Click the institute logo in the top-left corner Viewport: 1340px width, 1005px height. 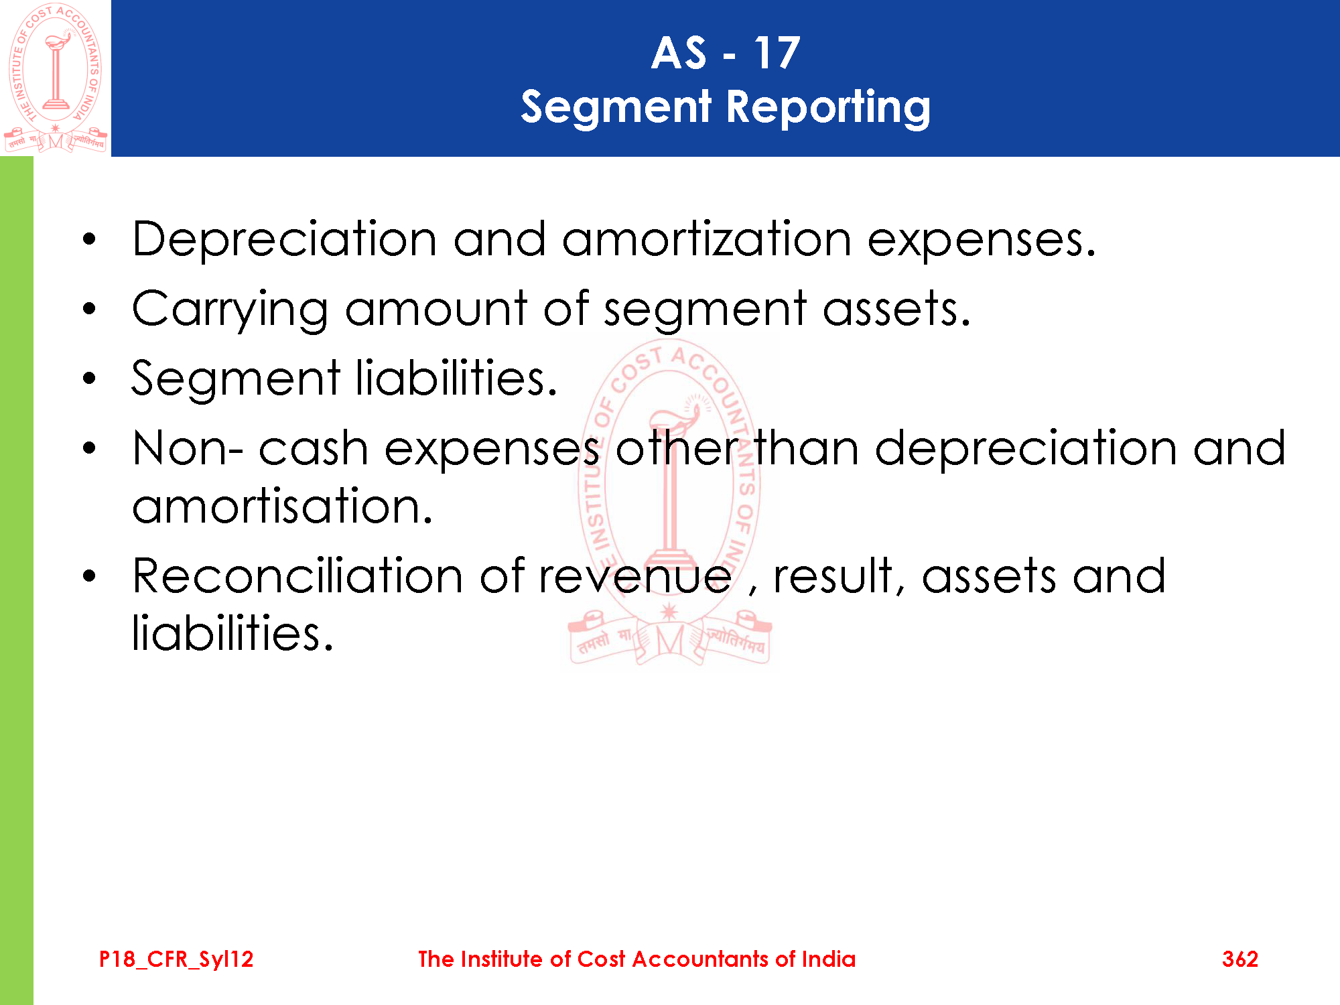pos(56,78)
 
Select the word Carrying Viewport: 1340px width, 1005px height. pos(230,310)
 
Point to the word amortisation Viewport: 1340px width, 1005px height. pos(283,506)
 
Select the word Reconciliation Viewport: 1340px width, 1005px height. pos(297,576)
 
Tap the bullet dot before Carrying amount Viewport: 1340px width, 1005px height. pos(90,310)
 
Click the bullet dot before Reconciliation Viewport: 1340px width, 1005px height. pos(90,576)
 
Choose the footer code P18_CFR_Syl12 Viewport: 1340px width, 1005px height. pos(176,959)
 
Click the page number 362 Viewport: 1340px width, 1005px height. pos(1240,959)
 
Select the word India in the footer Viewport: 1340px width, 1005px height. pos(829,959)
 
